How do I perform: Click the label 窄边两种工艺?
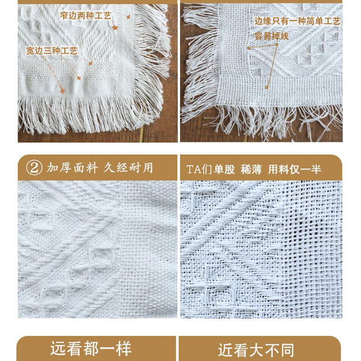(x=86, y=16)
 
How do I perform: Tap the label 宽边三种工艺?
(x=52, y=51)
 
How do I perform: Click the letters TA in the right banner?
(x=193, y=169)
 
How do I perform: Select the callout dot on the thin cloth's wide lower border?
(x=268, y=87)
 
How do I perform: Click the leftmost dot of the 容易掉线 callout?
(x=248, y=47)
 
